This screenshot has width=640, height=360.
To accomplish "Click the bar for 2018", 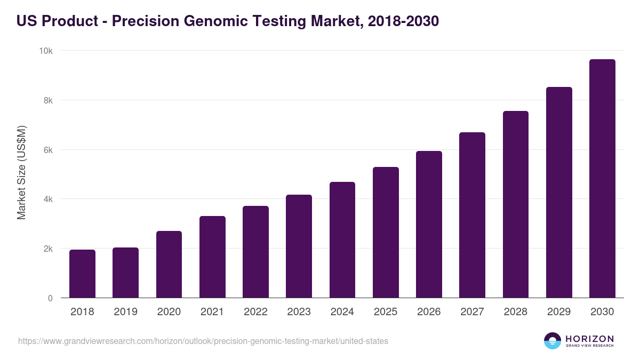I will (x=82, y=274).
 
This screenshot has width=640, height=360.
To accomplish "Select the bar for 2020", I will (x=169, y=265).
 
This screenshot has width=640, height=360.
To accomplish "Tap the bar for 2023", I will (x=299, y=246).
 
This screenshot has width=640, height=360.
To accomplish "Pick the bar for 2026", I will (x=429, y=225).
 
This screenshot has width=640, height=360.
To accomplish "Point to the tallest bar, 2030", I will (x=602, y=179).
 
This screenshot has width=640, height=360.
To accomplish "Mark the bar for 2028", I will (x=516, y=204).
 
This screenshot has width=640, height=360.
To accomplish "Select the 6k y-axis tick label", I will (x=47, y=150).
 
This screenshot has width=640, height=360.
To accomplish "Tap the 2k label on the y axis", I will (x=47, y=249).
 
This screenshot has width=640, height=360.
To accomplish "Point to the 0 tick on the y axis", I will (x=50, y=298).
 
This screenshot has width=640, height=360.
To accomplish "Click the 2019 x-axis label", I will (x=125, y=312).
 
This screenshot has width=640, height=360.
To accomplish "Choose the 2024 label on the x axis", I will (x=342, y=312).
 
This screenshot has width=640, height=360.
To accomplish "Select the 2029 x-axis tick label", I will (x=559, y=312).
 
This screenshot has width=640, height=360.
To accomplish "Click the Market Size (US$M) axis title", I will (x=21, y=173).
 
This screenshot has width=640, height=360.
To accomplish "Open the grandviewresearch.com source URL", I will (x=203, y=341).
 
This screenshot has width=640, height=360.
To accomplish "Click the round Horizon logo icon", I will (x=553, y=341).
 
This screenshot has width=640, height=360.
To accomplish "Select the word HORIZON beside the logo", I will (x=589, y=338).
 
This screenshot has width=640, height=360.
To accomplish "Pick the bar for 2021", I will (x=212, y=257).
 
